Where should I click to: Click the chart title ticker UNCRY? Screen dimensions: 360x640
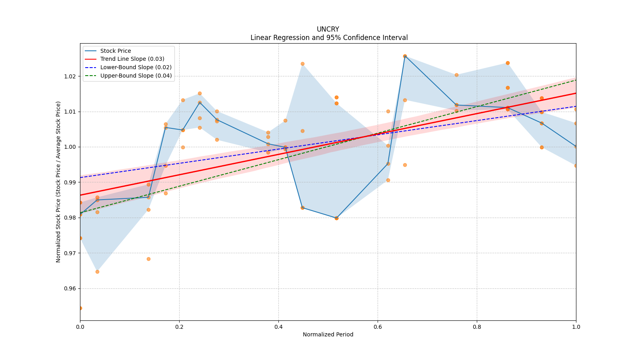(328, 29)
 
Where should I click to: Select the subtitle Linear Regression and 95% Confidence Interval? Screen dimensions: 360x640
(329, 38)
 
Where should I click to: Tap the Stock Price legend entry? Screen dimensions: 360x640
(115, 51)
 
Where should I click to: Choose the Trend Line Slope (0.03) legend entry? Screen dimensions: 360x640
(132, 59)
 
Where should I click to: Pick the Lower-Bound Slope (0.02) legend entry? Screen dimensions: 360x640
(136, 68)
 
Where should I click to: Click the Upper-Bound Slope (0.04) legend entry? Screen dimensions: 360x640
(136, 76)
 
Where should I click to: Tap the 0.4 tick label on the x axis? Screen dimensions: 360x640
(278, 327)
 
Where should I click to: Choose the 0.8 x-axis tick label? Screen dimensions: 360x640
(477, 327)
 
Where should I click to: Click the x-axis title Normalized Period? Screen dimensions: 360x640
(328, 334)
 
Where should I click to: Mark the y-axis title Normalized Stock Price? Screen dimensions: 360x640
(58, 182)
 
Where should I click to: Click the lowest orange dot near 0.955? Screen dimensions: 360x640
(80, 308)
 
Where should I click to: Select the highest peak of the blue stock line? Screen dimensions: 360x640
(405, 56)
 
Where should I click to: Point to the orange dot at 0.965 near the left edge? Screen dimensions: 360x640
(97, 272)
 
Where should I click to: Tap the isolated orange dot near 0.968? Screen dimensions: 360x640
(148, 259)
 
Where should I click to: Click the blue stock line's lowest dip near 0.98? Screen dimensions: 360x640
(336, 218)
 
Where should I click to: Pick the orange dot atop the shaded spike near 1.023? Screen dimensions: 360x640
(302, 64)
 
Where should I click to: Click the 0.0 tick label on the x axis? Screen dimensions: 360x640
(80, 327)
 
